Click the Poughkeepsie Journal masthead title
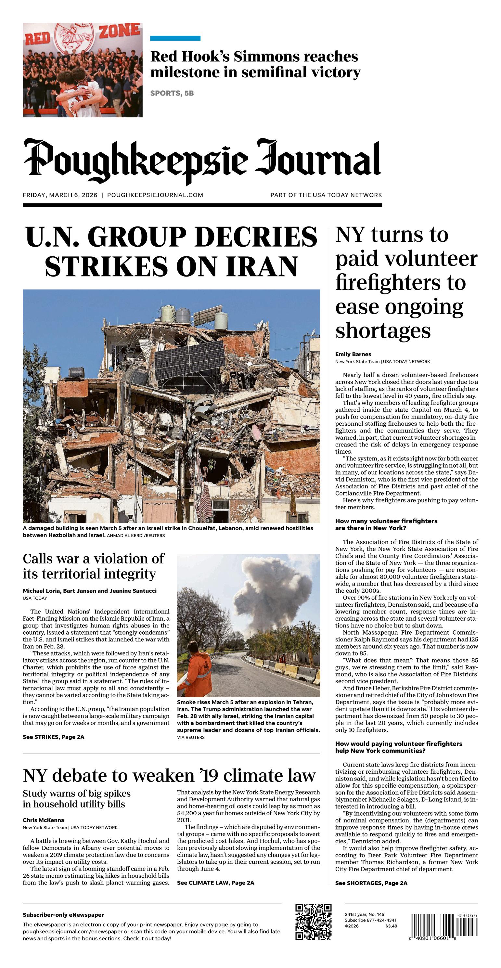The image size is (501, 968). point(202,160)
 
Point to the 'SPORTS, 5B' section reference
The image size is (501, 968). point(172,93)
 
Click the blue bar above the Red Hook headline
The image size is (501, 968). point(175,38)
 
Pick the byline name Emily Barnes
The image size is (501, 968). point(353,354)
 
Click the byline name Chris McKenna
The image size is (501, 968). point(43,820)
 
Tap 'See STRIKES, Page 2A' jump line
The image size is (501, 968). point(53,737)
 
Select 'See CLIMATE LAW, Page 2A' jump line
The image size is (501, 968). point(215,883)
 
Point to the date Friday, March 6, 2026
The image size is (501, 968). point(60,195)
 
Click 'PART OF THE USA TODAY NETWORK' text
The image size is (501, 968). point(326,195)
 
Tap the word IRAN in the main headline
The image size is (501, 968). point(262,267)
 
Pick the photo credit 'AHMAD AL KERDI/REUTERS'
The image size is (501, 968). point(136,536)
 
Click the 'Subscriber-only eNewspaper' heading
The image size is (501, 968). point(63,915)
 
